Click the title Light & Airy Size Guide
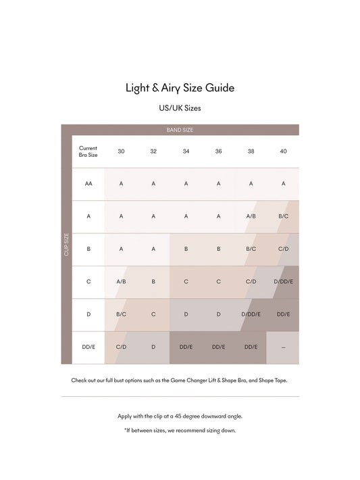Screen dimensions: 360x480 pos(180,88)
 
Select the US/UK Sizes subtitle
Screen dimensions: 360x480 pos(180,108)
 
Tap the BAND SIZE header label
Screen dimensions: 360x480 pos(180,130)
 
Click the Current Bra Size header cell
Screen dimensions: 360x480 pos(88,151)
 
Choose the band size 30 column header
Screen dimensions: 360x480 pos(121,151)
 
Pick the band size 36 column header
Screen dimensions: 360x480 pos(218,151)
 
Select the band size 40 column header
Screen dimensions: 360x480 pos(283,151)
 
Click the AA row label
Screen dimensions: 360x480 pos(88,184)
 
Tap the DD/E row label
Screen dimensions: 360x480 pos(88,347)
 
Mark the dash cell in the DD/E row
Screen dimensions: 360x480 pos(283,347)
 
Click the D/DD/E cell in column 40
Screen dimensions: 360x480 pos(283,281)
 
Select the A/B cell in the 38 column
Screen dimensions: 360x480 pos(251,216)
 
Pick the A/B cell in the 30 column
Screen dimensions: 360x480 pos(121,281)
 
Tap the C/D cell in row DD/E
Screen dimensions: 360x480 pos(121,347)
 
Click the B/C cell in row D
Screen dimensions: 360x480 pos(121,314)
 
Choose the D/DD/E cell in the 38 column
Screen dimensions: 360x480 pos(251,314)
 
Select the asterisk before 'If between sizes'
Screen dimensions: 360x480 pos(125,430)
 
